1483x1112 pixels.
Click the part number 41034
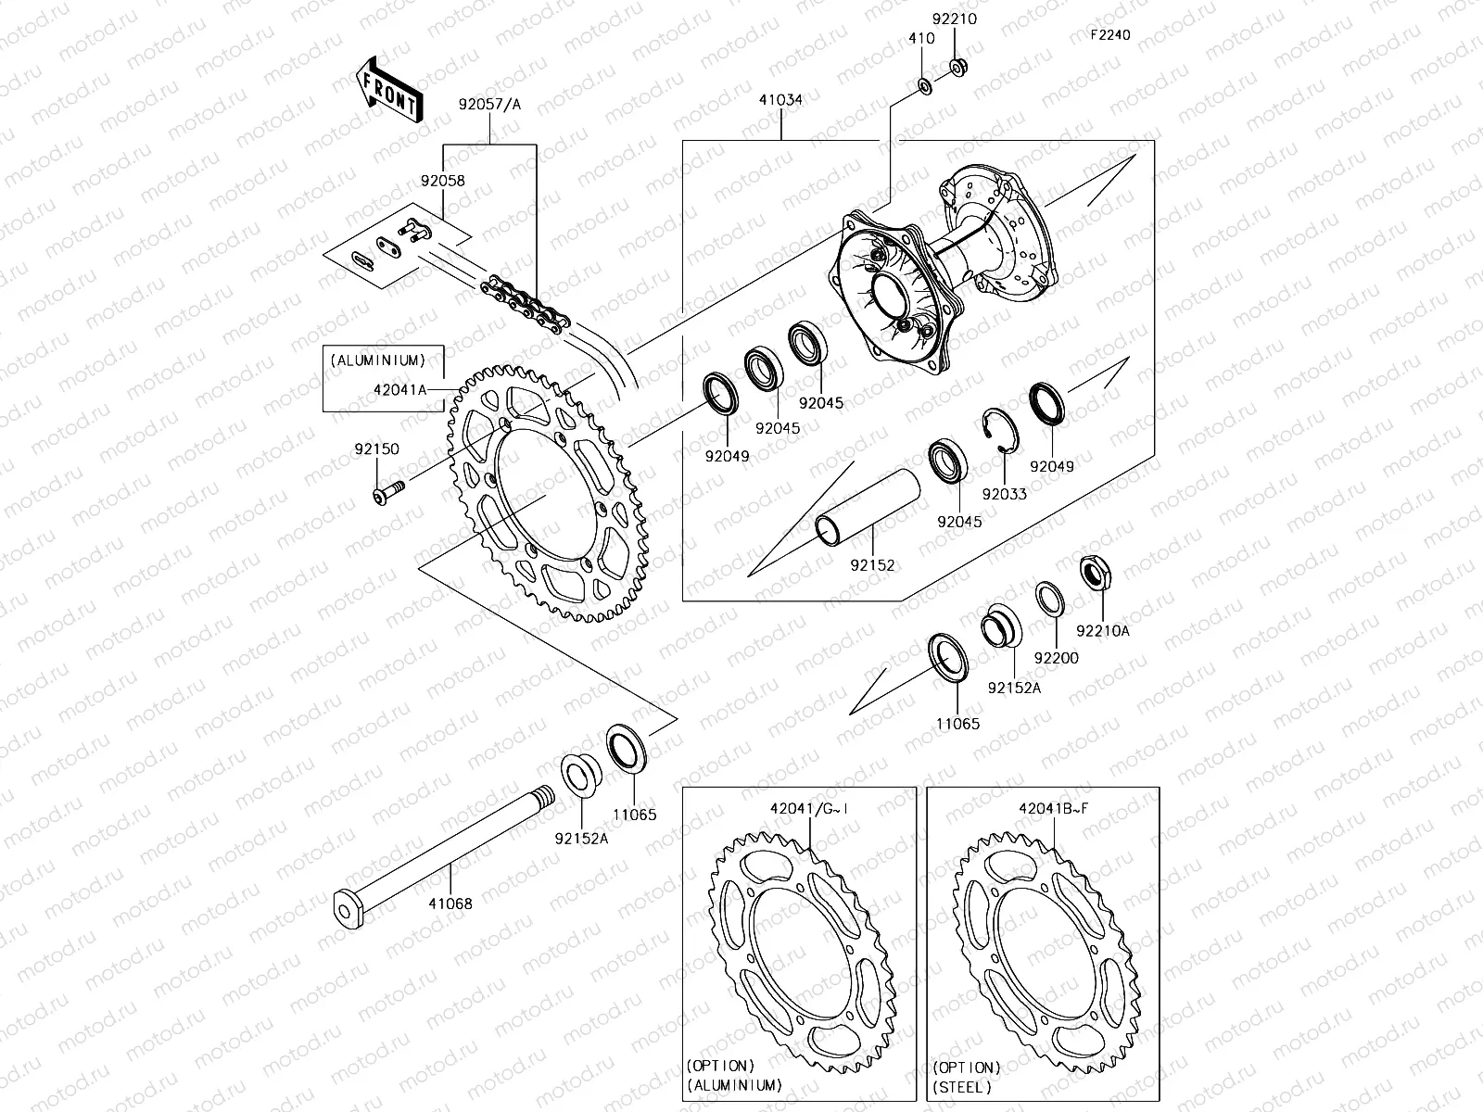pos(780,99)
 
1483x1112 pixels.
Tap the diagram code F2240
pos(1109,35)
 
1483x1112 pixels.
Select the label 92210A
pos(1103,631)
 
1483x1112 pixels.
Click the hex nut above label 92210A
pos(1096,574)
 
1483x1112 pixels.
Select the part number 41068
pos(450,903)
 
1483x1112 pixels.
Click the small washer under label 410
pos(924,86)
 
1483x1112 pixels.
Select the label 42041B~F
pos(1053,808)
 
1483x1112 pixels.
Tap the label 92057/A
pos(489,105)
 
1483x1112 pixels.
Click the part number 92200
pos(1057,658)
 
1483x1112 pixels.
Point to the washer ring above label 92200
pos(1049,599)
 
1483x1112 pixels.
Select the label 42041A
pos(399,390)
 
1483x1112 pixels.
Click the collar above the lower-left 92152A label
pos(581,773)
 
